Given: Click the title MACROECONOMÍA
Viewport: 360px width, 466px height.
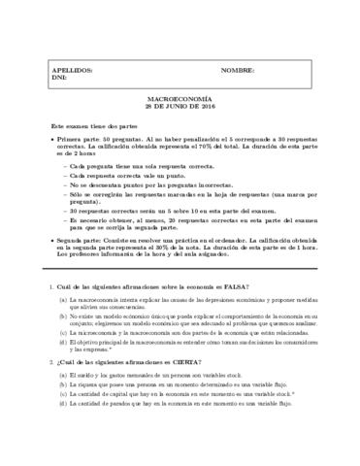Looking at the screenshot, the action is tap(180, 99).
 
